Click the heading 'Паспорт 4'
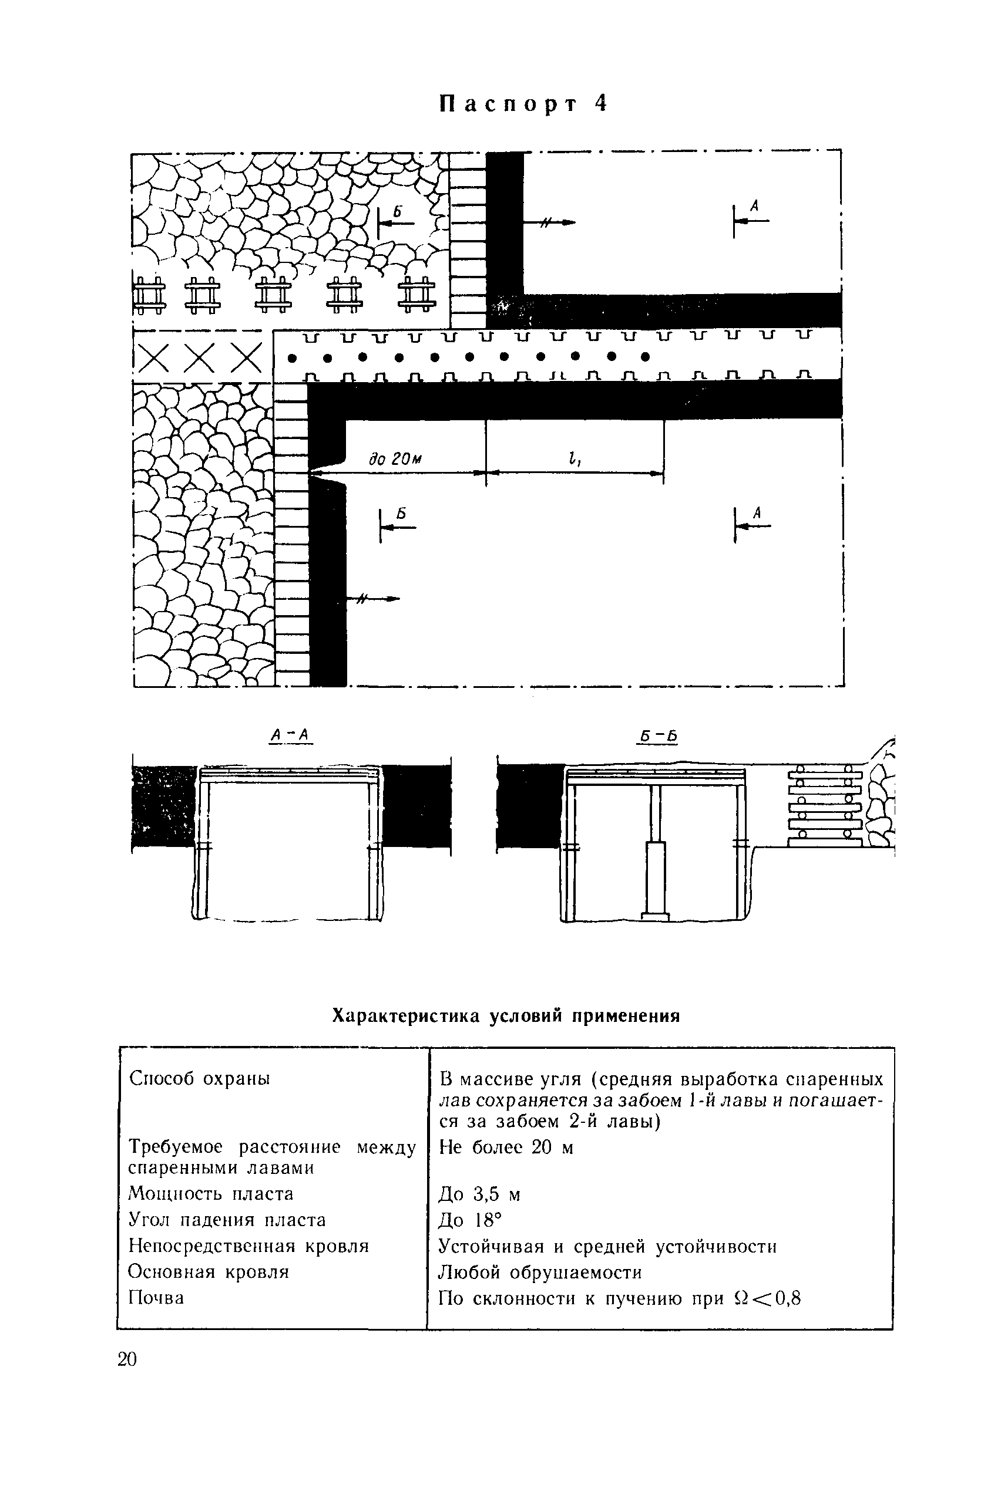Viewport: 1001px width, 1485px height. [x=523, y=104]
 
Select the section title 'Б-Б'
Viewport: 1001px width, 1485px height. [x=657, y=737]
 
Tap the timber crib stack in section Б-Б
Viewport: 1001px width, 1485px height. [x=824, y=806]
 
